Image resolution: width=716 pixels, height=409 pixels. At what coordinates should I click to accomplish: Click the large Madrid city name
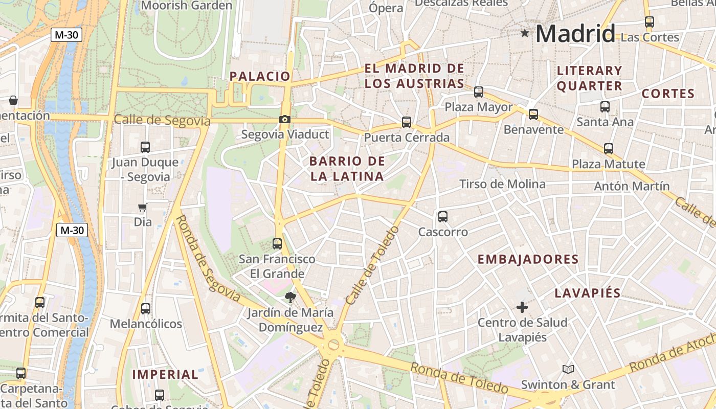coord(575,34)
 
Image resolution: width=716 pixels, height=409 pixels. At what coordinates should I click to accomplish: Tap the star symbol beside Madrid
coord(525,33)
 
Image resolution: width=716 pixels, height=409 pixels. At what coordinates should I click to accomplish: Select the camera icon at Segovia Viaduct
coord(285,120)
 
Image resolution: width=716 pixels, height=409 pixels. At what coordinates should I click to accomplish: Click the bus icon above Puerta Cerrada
coord(407,122)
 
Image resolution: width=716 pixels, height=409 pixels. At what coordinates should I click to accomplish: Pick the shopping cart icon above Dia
coord(143,207)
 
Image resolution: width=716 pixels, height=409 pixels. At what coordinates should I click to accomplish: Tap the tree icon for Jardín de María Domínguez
coord(290,297)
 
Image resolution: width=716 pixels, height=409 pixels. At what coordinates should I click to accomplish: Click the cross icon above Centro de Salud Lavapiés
coord(522,307)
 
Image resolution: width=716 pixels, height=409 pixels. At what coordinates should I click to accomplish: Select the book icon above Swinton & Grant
coord(568,369)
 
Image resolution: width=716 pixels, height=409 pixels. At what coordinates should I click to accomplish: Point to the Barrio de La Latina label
coord(347,169)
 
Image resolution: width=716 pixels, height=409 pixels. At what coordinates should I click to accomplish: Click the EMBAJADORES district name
coord(528,259)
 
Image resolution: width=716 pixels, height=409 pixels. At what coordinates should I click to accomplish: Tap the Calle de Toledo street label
coord(372,272)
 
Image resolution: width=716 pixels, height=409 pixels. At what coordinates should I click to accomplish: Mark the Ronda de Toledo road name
coord(459,378)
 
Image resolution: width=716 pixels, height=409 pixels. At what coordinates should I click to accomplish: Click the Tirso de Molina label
coord(502,184)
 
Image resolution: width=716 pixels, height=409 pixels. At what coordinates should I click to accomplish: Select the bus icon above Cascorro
coord(443,217)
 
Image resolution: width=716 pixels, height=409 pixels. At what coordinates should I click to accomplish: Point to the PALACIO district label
coord(260,77)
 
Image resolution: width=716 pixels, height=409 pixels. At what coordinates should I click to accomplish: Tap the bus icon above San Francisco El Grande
coord(277,244)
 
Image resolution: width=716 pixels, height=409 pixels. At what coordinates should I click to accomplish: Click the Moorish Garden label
coord(187,6)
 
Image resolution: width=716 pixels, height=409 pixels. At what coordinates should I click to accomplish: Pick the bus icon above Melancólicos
coord(146,309)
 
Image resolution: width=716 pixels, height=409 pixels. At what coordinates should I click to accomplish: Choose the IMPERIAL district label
coord(165,374)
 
